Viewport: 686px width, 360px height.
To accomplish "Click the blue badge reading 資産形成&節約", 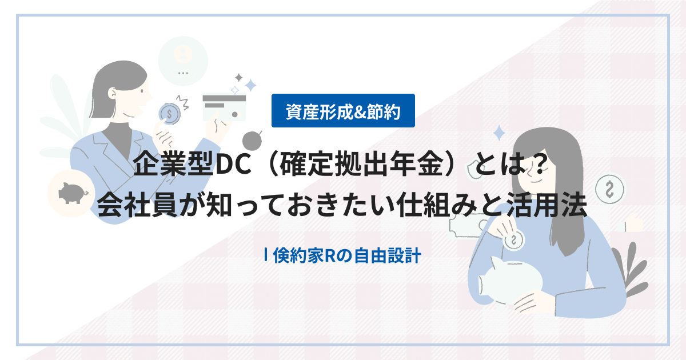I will pyautogui.click(x=343, y=110).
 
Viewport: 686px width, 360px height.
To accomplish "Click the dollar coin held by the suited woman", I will pyautogui.click(x=170, y=113).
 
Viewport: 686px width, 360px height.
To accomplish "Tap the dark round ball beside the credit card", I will pyautogui.click(x=252, y=139).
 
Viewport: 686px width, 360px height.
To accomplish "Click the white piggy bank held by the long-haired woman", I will pyautogui.click(x=512, y=280).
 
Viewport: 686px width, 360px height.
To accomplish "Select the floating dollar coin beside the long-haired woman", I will pyautogui.click(x=608, y=187).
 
